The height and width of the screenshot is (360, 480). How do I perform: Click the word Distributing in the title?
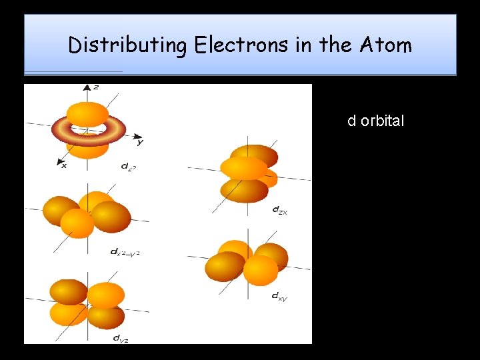pos(127,45)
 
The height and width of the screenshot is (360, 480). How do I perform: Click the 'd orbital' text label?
pos(375,121)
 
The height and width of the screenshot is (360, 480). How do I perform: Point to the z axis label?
pos(97,87)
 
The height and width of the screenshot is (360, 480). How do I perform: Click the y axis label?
pos(140,141)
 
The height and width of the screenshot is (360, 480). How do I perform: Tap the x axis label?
pos(64,165)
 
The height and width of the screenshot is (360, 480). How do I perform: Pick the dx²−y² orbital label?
pos(125,252)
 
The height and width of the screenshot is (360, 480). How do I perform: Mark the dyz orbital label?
pos(121,339)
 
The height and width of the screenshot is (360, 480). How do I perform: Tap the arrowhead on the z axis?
pos(87,87)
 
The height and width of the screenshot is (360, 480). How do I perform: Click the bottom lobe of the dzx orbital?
pos(243,190)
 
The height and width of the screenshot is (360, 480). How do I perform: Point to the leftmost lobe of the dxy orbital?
pos(225,267)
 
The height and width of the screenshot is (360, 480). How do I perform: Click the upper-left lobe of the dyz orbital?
pos(69,291)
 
